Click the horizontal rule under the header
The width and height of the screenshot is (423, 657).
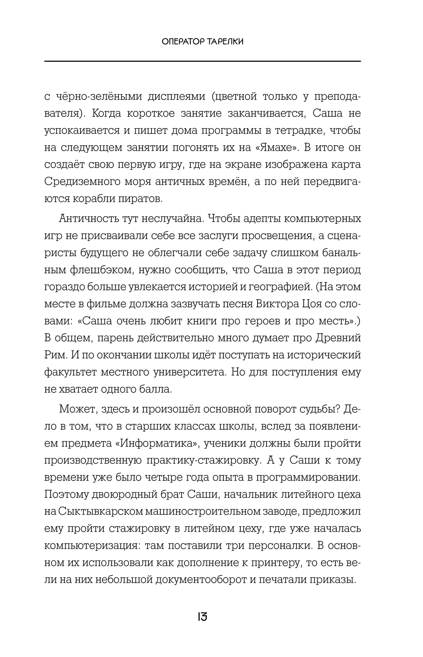(202, 62)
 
